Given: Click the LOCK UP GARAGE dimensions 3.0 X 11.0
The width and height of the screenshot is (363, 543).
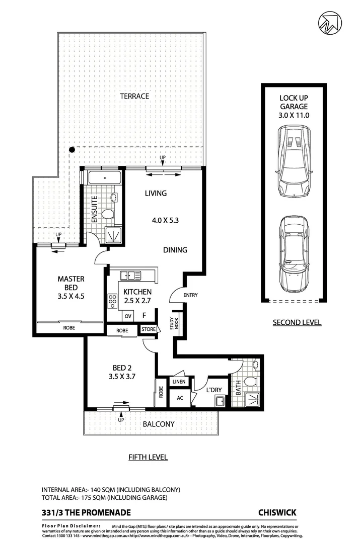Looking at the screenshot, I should tap(294, 115).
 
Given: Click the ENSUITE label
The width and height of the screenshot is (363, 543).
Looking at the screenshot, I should tap(94, 208).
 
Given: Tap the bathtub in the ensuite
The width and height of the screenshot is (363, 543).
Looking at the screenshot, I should tap(104, 178).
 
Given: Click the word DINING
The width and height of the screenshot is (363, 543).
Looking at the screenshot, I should tap(175, 249).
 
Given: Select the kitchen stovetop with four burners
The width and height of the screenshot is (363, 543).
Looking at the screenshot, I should tap(112, 301).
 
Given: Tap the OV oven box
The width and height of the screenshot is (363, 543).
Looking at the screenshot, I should tap(128, 316).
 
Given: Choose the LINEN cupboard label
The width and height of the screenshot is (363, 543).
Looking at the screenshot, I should tap(179, 382).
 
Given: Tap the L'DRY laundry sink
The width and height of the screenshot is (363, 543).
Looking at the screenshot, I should tap(220, 401).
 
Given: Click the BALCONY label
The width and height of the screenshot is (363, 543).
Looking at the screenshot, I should tap(159, 424).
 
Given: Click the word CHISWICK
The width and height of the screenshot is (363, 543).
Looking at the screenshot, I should tap(277, 512).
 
